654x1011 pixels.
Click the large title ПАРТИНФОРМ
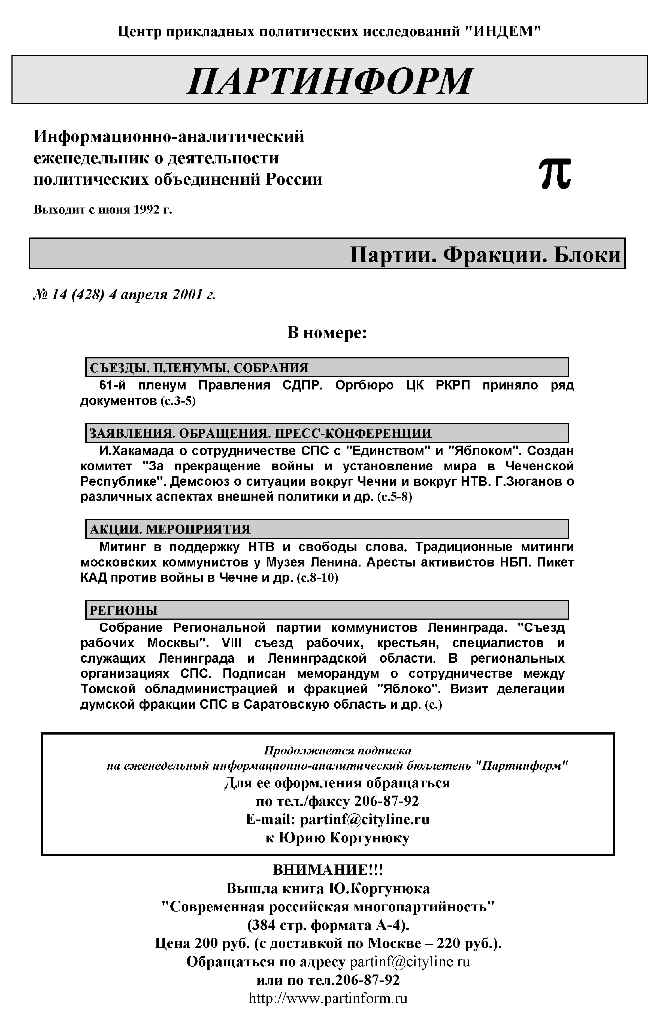(329, 80)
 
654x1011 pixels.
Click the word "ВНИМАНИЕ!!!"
(328, 870)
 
